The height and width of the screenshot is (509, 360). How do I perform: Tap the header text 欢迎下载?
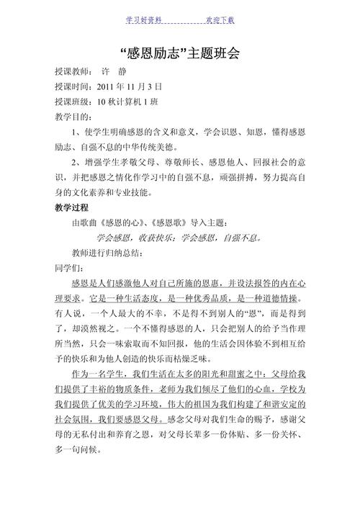220,19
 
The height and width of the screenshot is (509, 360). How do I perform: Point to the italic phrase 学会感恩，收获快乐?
136,238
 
